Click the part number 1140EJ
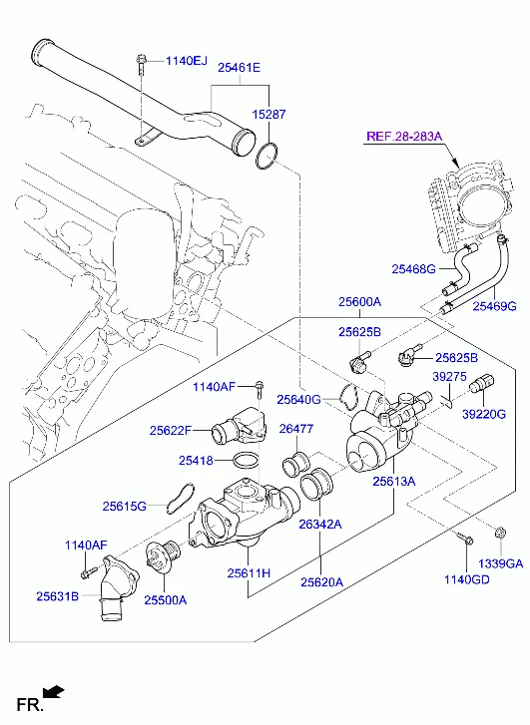(187, 61)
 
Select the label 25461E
(239, 68)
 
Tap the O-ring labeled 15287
(266, 156)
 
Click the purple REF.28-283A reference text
(404, 136)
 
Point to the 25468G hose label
(413, 268)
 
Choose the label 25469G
(494, 305)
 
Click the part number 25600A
(359, 302)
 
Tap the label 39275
(449, 376)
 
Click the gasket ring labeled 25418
(246, 460)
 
